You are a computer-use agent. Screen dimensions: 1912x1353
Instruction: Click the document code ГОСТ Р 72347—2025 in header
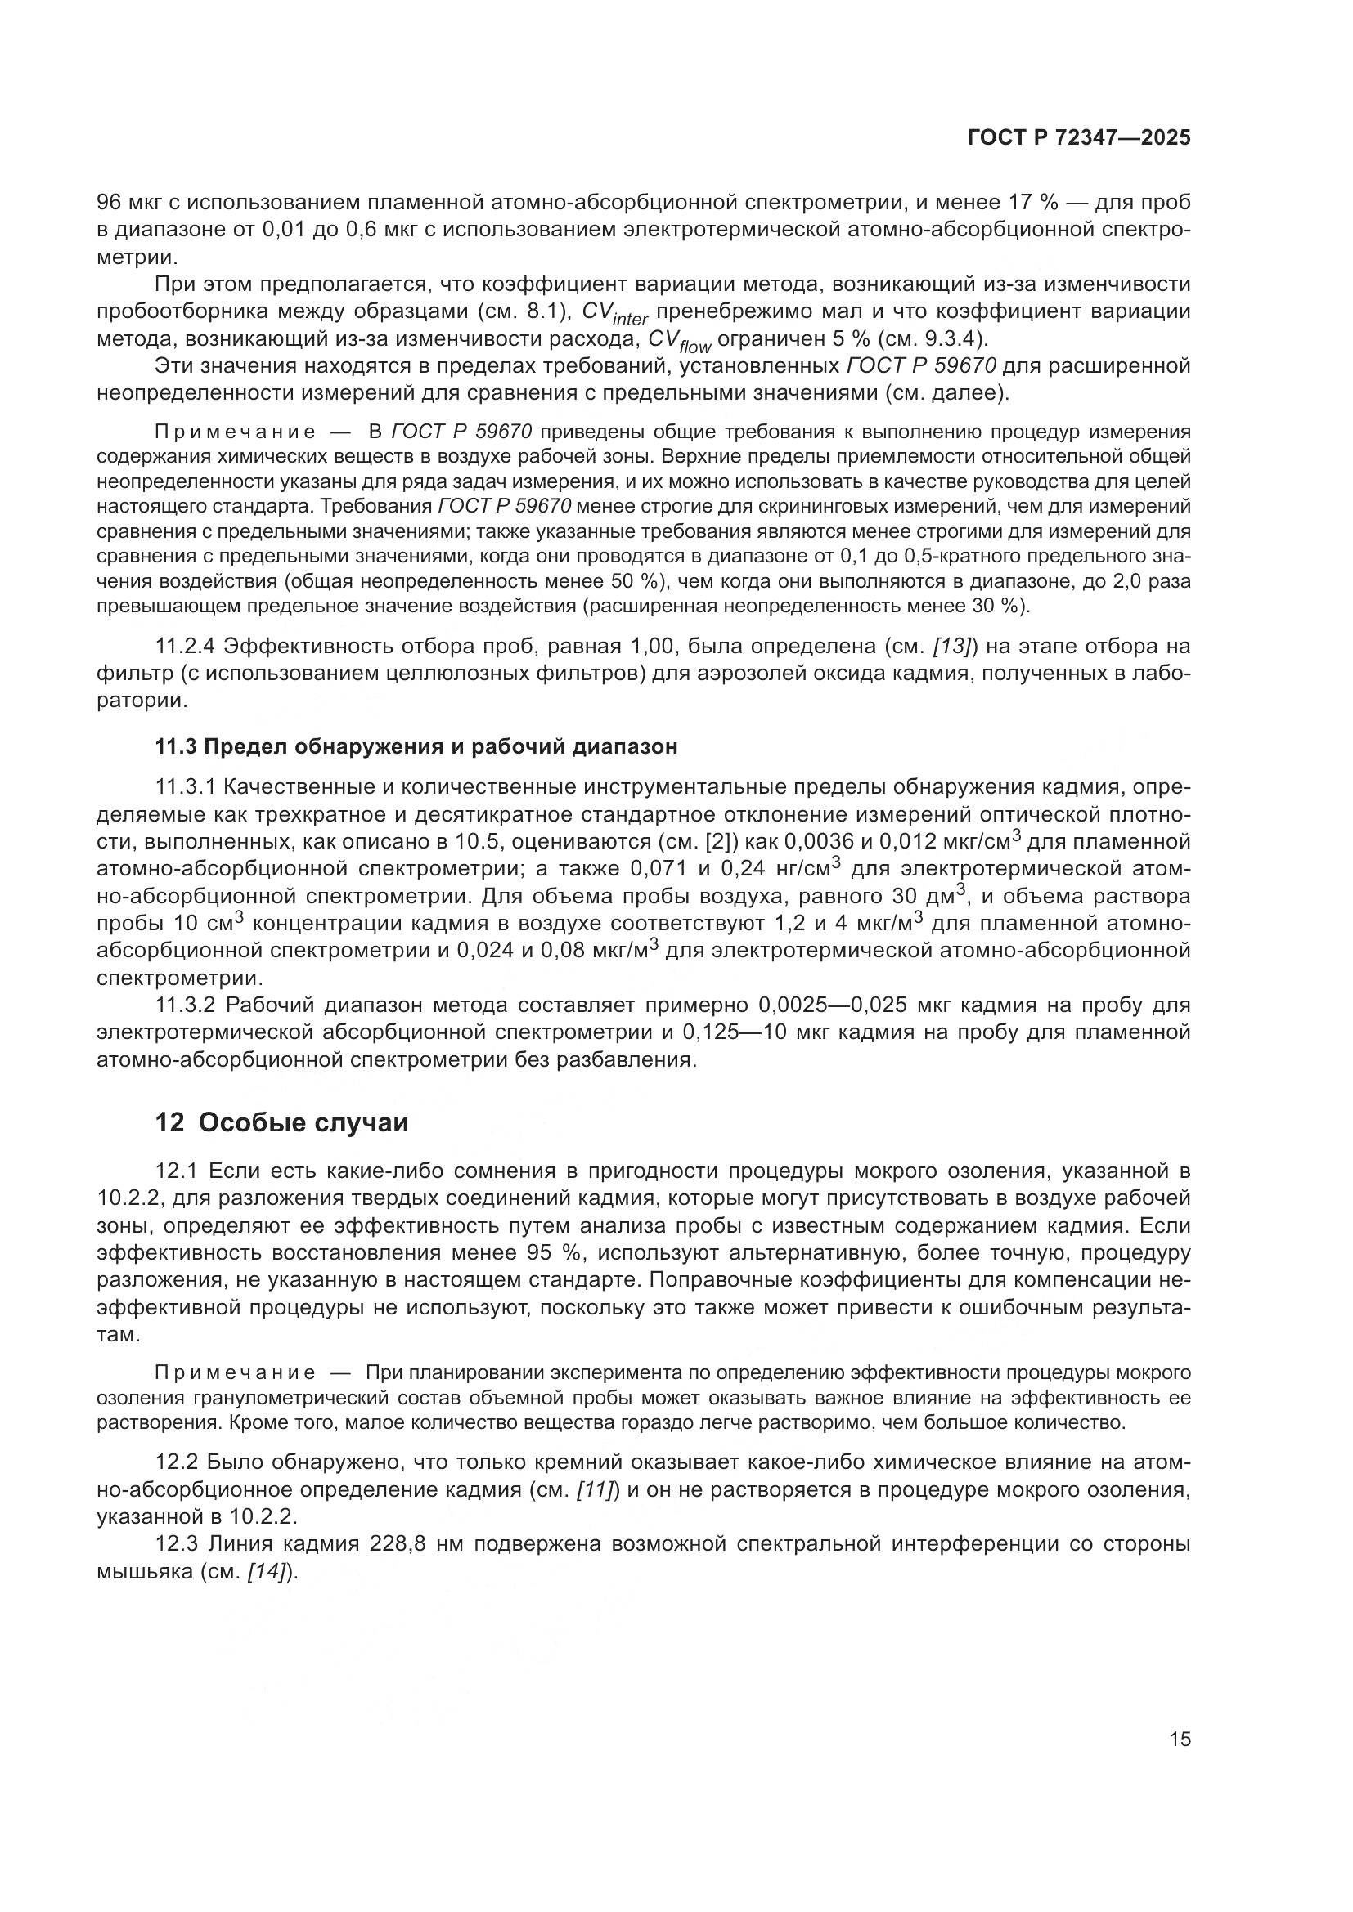(x=1079, y=138)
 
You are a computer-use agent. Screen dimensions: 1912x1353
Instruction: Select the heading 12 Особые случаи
(x=281, y=1122)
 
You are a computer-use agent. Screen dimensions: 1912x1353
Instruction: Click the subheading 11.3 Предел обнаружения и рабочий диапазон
(x=416, y=746)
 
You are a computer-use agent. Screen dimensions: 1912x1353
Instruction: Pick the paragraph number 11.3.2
(x=187, y=1005)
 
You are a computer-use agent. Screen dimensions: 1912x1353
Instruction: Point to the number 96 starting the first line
(x=110, y=203)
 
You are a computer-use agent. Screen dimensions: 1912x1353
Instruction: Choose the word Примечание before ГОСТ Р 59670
(x=234, y=432)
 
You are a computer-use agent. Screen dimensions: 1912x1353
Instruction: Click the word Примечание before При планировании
(x=234, y=1372)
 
